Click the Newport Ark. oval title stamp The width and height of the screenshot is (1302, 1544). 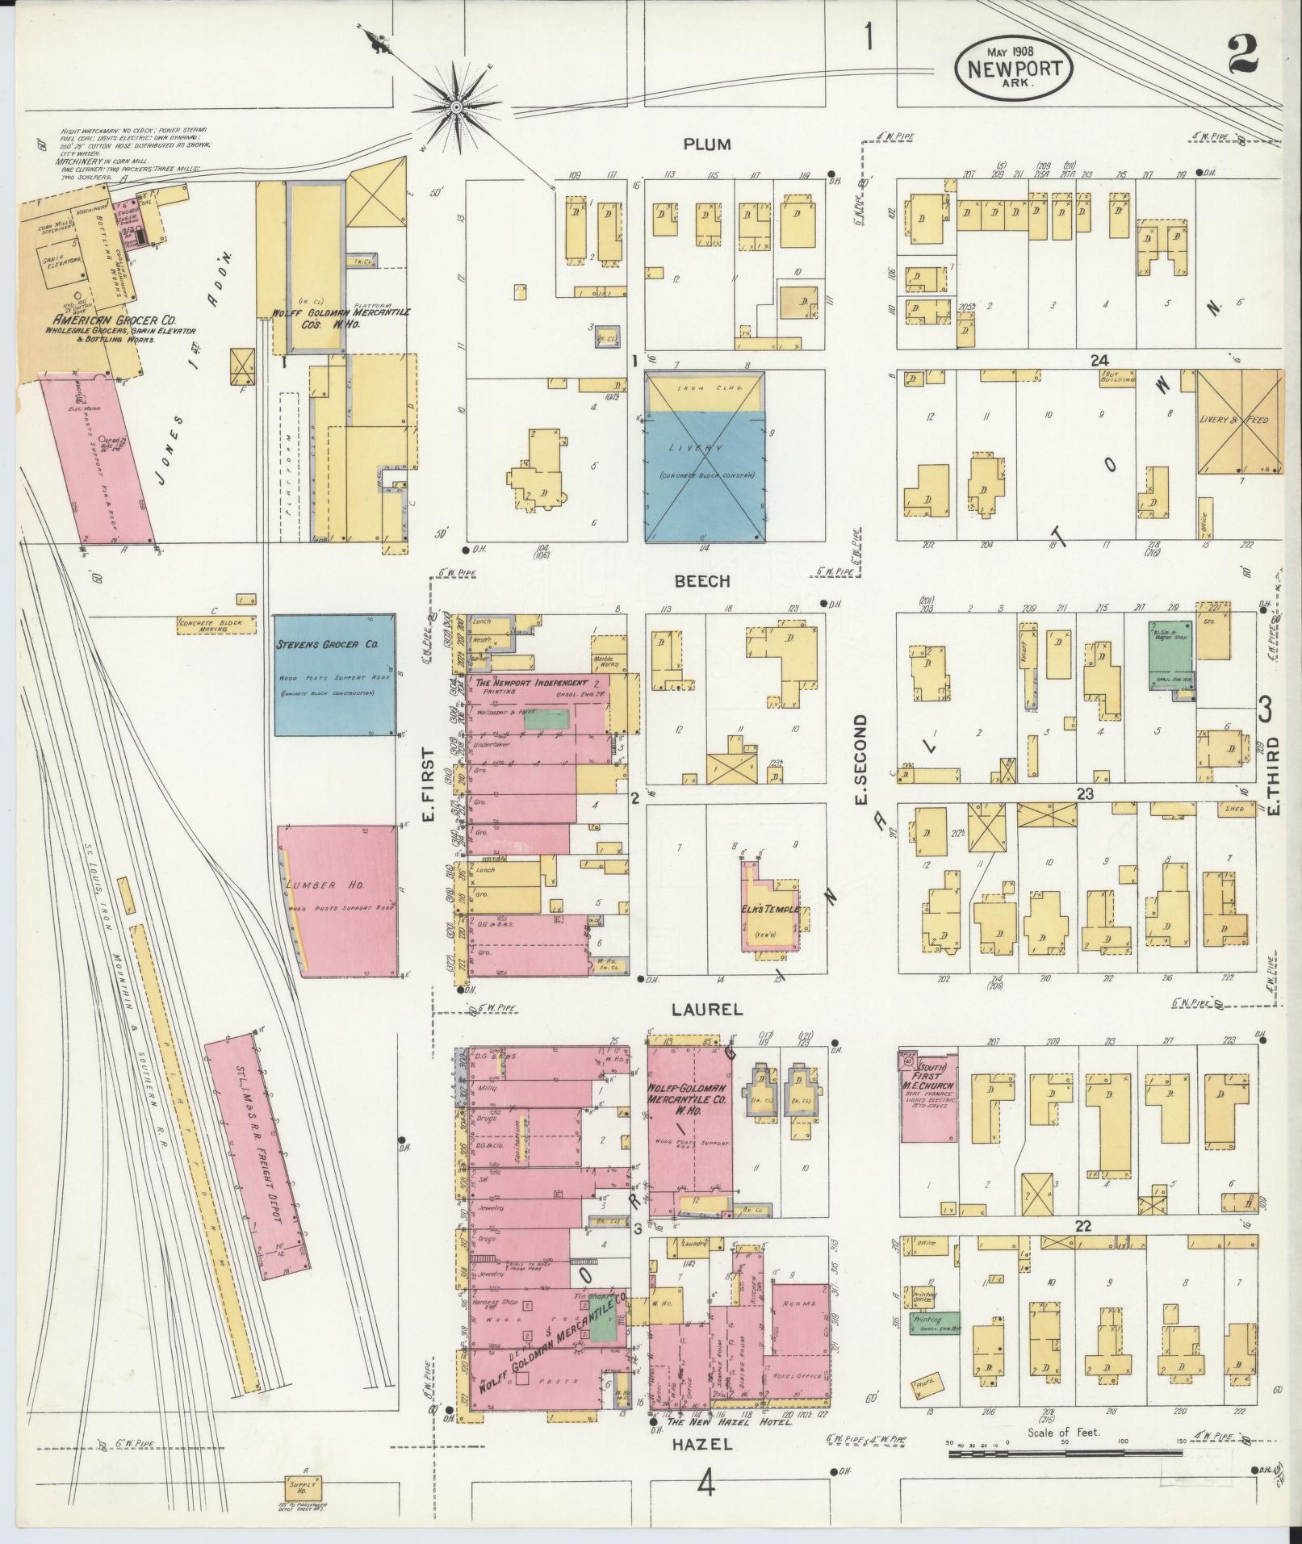1015,70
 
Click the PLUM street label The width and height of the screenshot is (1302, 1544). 706,144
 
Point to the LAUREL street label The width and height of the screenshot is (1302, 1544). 706,1009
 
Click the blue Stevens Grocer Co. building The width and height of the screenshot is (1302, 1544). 335,675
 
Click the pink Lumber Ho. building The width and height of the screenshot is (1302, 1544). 337,901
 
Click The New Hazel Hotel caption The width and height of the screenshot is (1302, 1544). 728,1423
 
